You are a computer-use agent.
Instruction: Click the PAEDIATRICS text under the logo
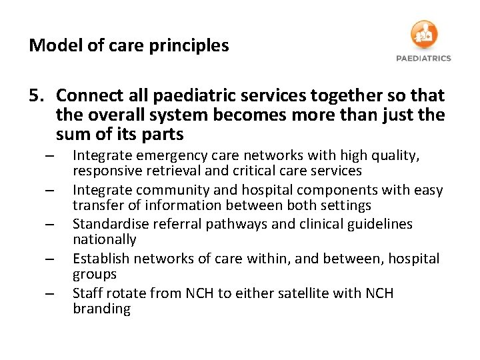(423, 58)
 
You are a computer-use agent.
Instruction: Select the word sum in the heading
(72, 134)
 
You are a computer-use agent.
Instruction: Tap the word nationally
(104, 239)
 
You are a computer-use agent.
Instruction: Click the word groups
(95, 274)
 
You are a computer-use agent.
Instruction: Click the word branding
(101, 309)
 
